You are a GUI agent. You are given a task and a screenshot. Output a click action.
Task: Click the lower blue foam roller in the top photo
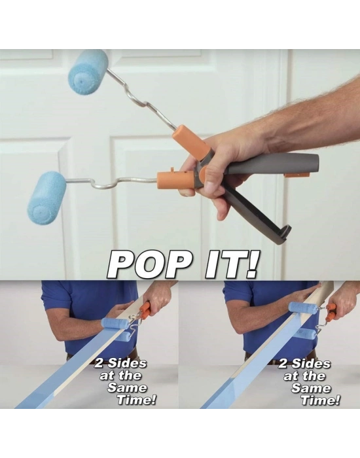point(47,198)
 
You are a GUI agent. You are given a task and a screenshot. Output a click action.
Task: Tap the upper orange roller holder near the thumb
point(190,141)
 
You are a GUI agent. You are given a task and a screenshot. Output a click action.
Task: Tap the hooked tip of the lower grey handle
point(284,231)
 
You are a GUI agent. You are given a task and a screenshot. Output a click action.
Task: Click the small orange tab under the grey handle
point(297,175)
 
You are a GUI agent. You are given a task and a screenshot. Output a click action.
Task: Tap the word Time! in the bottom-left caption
point(136,400)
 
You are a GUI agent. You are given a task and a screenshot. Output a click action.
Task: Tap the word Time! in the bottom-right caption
point(320,400)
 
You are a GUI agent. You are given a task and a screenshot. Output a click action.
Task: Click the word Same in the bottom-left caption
point(127,387)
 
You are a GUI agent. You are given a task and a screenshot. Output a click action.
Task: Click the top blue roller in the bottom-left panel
point(115,324)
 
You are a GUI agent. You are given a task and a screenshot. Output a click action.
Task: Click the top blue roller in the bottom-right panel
point(303,308)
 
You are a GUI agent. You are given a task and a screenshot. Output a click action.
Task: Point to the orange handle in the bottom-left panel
point(145,310)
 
